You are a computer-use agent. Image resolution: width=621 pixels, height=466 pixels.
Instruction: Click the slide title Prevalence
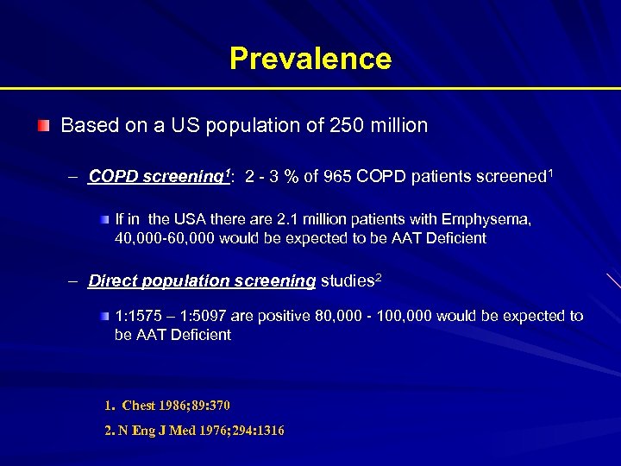point(310,59)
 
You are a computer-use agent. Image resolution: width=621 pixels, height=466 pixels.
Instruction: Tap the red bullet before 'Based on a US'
point(43,126)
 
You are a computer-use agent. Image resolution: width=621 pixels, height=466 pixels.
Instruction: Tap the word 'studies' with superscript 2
point(348,280)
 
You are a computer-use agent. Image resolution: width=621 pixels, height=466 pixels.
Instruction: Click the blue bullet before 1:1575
point(104,316)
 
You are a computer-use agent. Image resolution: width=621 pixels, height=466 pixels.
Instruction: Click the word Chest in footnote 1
point(140,406)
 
